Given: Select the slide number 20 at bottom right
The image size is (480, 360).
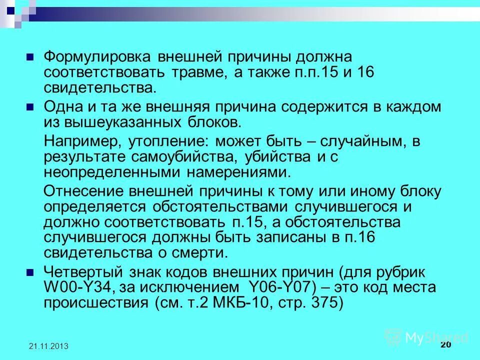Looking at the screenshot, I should pos(446,345).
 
